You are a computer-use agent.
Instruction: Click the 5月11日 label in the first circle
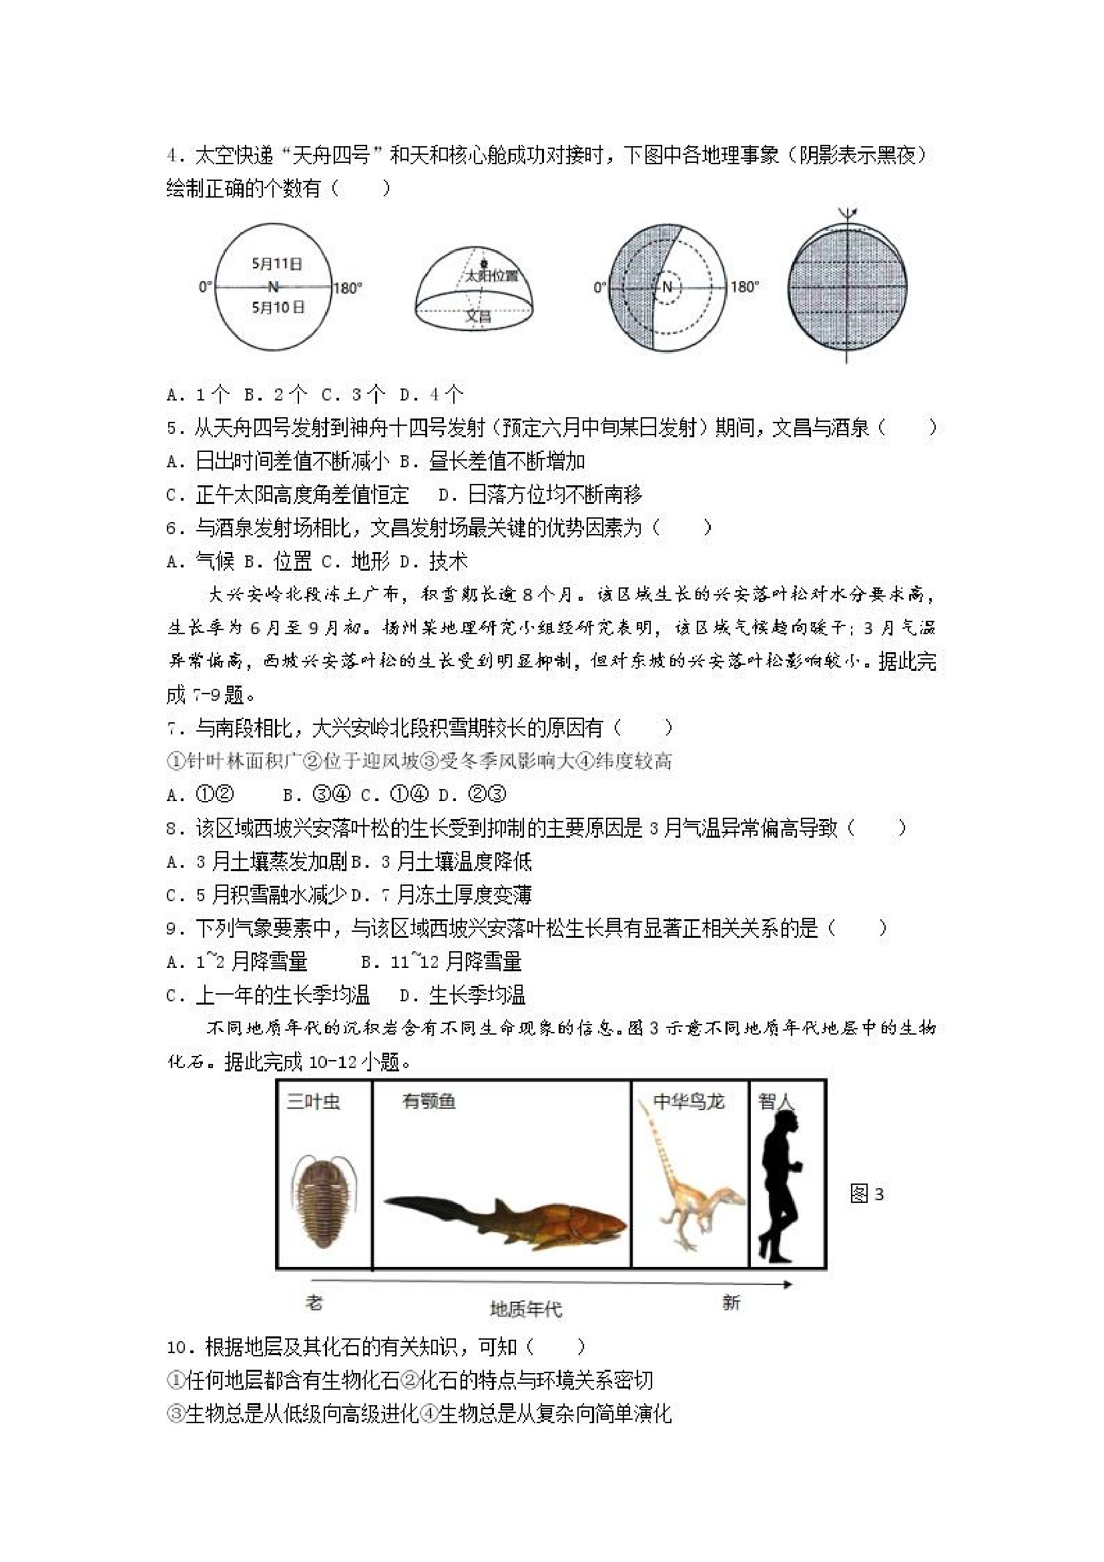tap(276, 264)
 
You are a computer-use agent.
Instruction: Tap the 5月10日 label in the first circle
tap(278, 308)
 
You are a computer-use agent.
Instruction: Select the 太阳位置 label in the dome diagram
tap(491, 276)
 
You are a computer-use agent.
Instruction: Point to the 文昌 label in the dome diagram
tap(478, 316)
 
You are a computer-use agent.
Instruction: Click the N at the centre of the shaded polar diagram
tap(667, 287)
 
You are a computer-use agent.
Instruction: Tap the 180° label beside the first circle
tap(348, 288)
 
